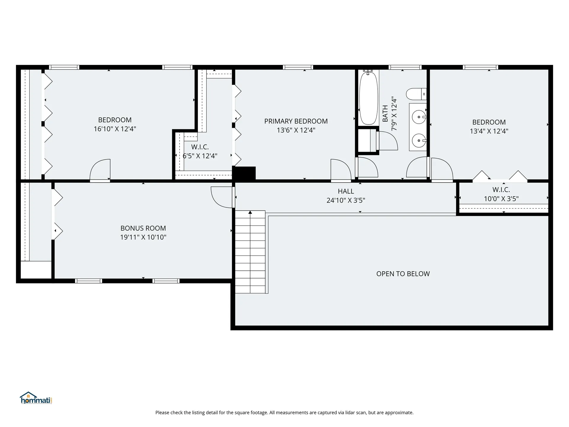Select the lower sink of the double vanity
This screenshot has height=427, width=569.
(x=419, y=140)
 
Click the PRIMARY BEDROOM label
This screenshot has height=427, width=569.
(x=296, y=121)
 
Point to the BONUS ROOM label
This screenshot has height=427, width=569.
(x=143, y=228)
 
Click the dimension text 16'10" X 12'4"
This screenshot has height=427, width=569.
(x=115, y=129)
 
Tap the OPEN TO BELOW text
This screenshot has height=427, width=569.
(x=403, y=274)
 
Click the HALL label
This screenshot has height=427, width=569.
(x=346, y=192)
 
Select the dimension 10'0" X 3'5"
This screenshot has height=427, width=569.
(x=501, y=199)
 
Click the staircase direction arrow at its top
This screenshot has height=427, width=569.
(x=250, y=212)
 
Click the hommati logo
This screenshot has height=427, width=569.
(x=36, y=398)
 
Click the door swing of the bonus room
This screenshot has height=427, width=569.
(x=221, y=197)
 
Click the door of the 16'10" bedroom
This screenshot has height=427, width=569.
(x=100, y=170)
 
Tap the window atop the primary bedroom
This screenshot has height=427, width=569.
(x=298, y=67)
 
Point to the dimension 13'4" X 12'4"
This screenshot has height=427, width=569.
(x=489, y=131)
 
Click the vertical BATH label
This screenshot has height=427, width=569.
(x=385, y=113)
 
